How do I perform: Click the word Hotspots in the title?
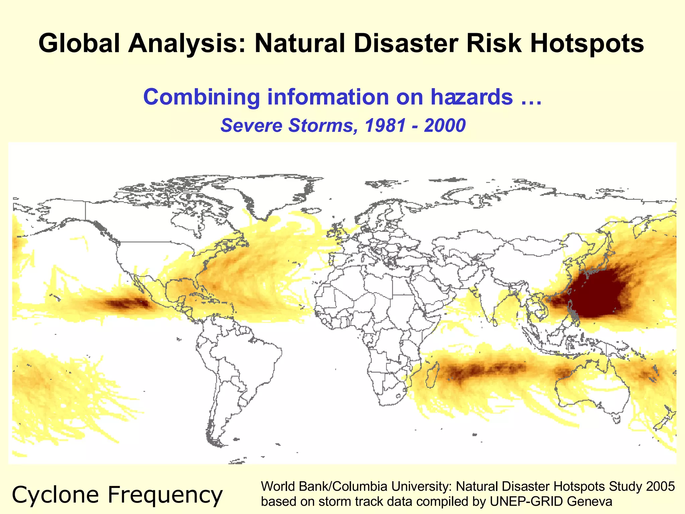[587, 44]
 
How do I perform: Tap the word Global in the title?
[79, 44]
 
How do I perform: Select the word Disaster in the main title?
[406, 44]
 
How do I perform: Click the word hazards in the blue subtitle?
[472, 97]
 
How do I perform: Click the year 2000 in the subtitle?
[445, 125]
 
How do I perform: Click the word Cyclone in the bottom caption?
[55, 495]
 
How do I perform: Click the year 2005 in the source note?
[660, 487]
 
